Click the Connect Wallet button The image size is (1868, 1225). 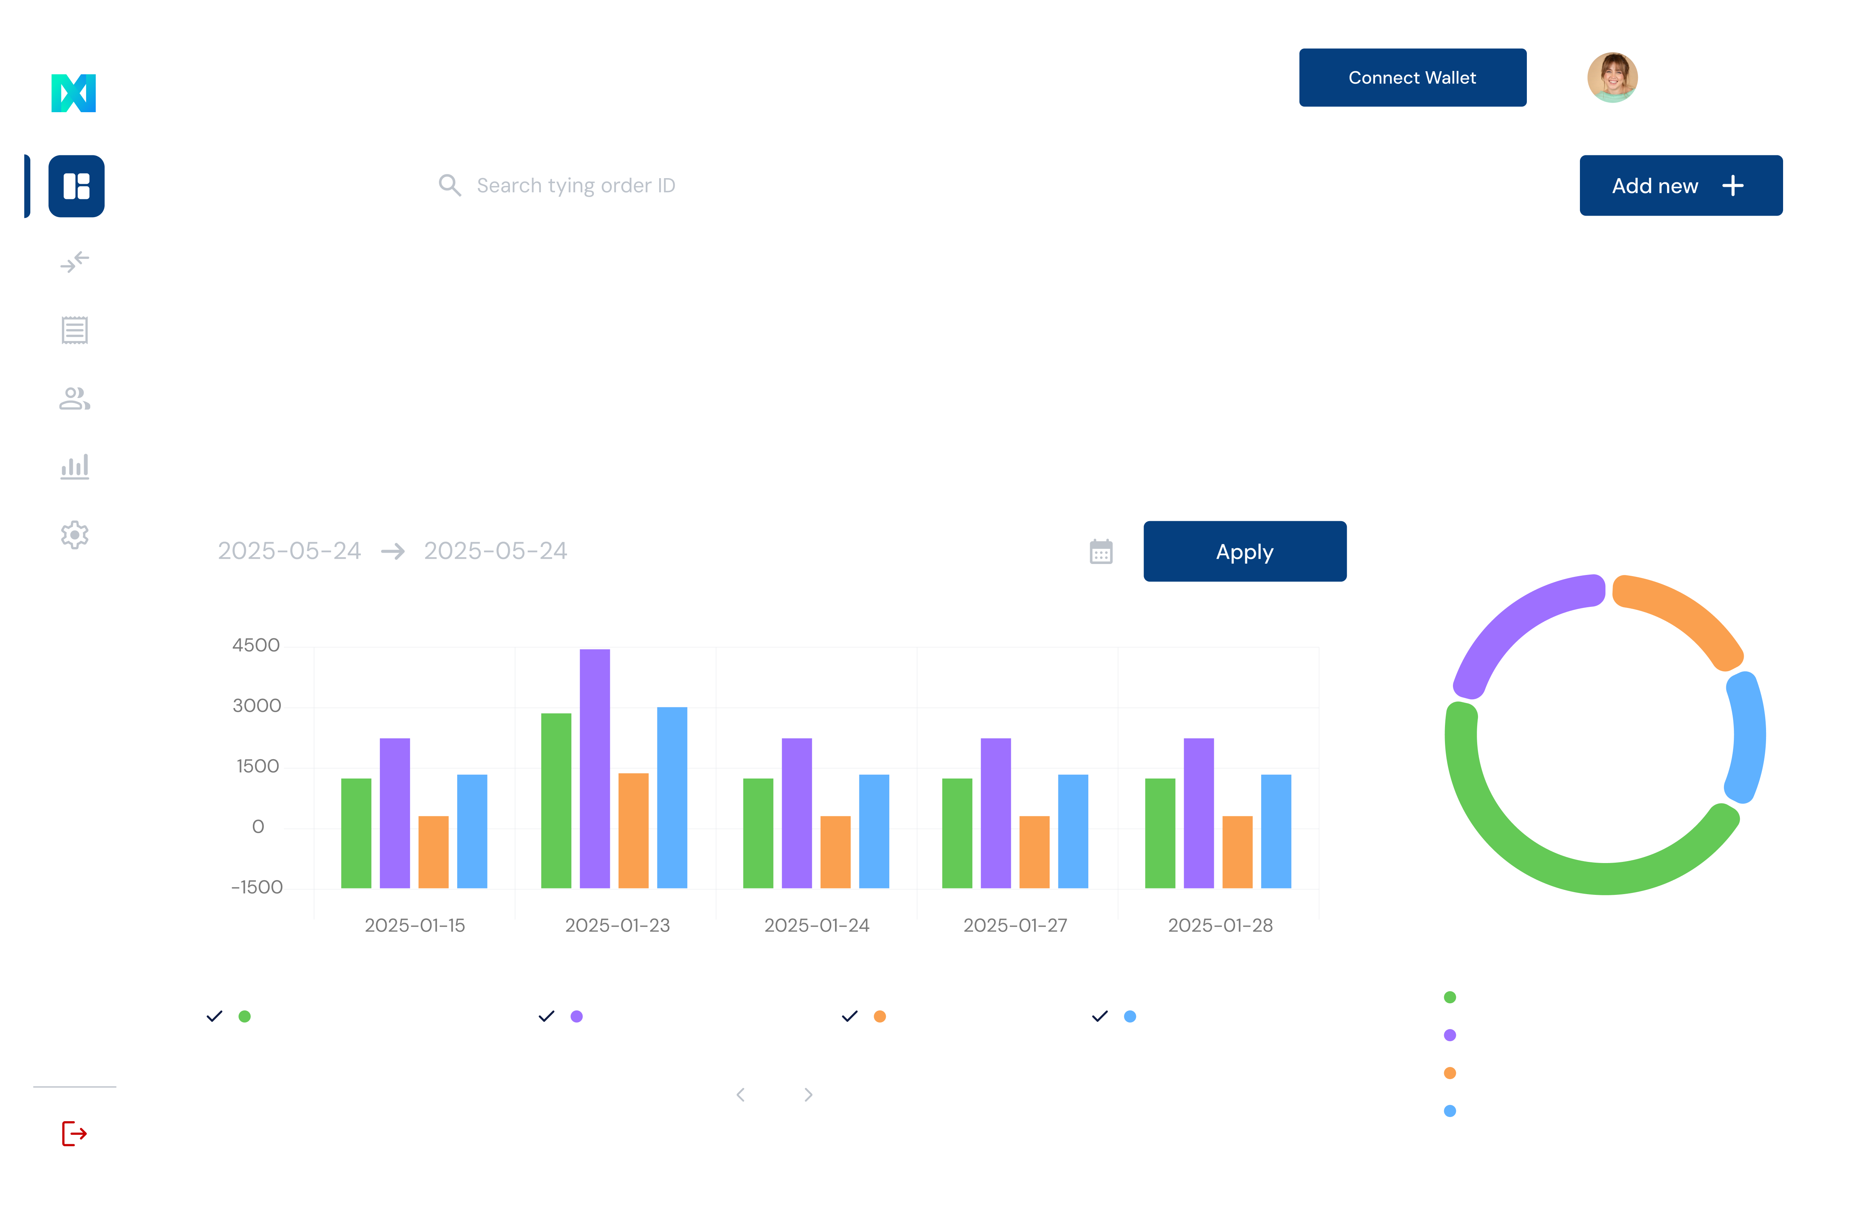[x=1412, y=78]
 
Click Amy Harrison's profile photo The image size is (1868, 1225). [x=1612, y=78]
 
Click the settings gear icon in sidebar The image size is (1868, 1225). [x=75, y=535]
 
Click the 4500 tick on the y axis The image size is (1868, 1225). [x=256, y=645]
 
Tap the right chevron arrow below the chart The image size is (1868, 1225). [x=809, y=1095]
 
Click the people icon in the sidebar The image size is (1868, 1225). [x=75, y=399]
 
